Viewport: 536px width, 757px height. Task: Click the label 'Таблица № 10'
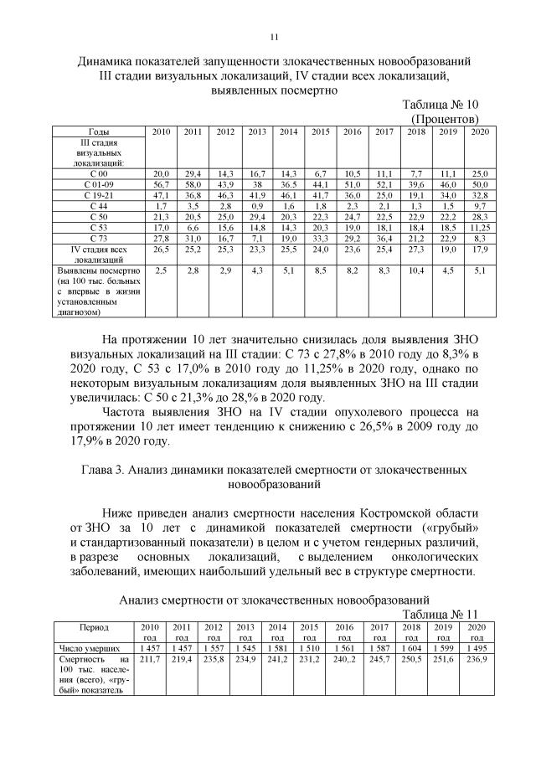coord(440,106)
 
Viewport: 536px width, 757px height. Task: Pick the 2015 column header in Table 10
coord(320,132)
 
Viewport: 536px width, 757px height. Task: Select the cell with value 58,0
coord(193,183)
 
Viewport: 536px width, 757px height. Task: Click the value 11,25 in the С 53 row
coord(479,227)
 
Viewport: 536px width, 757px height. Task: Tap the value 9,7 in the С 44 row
coord(479,205)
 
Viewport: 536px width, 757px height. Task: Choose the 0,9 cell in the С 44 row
coord(257,205)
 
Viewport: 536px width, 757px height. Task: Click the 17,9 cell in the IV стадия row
coord(479,249)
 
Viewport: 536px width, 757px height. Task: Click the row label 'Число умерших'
coord(88,648)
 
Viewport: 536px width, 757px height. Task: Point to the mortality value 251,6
coord(444,661)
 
